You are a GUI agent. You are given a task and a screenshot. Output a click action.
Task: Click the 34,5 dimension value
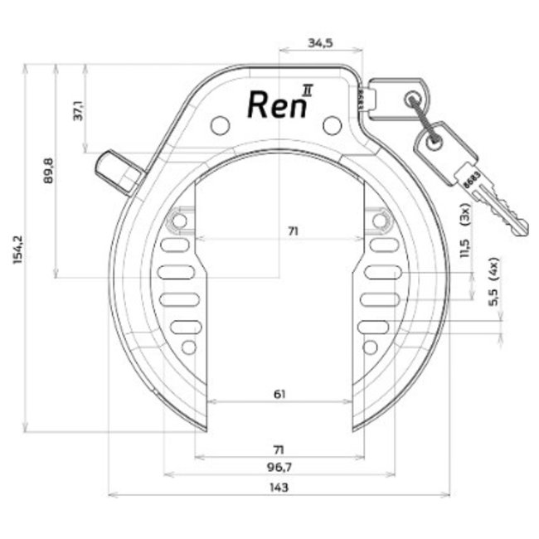[x=319, y=43]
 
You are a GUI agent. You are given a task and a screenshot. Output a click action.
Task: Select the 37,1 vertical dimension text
[x=79, y=109]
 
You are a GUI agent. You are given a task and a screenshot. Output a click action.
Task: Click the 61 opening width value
[x=279, y=395]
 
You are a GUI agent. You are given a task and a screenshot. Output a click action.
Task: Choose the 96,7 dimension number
[x=279, y=467]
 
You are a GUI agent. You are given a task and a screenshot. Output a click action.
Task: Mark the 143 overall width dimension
[x=279, y=488]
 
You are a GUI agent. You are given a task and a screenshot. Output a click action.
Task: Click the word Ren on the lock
[x=272, y=104]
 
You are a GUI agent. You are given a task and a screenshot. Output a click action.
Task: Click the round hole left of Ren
[x=220, y=125]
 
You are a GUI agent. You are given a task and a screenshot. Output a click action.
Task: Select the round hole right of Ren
[x=332, y=125]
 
